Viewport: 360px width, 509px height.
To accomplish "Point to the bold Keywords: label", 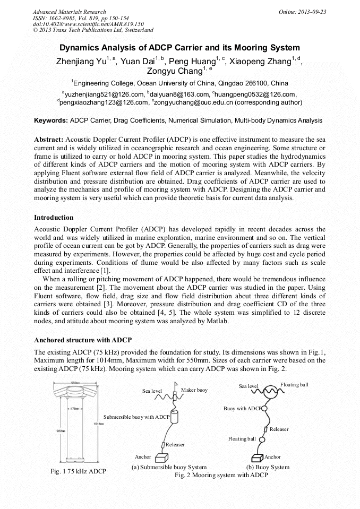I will point(50,120).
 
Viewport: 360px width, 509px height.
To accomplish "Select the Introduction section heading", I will point(54,217).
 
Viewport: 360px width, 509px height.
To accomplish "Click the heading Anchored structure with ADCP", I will point(82,340).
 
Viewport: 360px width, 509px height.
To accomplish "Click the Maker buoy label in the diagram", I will point(194,390).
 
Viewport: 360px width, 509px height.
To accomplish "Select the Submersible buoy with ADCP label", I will point(136,417).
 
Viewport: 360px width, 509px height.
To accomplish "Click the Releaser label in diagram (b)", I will point(279,429).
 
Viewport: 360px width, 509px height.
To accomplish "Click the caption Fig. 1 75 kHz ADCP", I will point(78,471).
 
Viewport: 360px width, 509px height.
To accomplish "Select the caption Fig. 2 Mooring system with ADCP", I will point(221,475).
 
